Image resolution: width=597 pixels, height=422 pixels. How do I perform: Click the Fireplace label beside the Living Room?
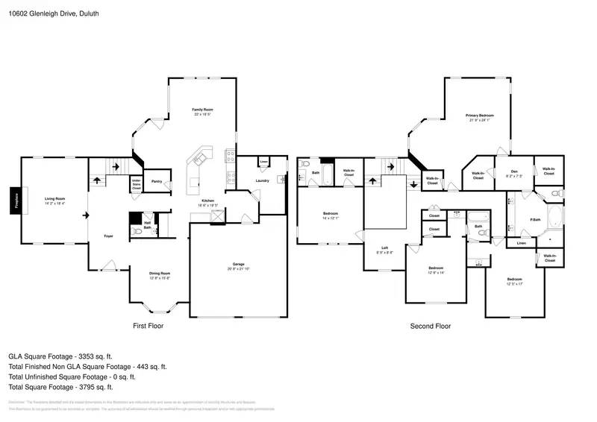point(13,201)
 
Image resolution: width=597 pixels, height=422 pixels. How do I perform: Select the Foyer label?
point(108,237)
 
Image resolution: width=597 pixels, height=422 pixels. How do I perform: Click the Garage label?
point(239,266)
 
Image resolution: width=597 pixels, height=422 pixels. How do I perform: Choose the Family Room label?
point(203,111)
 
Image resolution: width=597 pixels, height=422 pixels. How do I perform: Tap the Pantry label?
point(157,181)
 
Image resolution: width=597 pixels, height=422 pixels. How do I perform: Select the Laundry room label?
point(262,180)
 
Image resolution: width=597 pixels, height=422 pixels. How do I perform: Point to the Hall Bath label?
point(148,223)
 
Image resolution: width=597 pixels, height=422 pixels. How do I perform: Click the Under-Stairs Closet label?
point(137,184)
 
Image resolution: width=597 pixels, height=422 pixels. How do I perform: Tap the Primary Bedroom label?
point(480,116)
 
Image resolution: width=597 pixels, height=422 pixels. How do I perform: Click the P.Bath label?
point(535,219)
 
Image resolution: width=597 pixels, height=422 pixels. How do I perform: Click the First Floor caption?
point(148,326)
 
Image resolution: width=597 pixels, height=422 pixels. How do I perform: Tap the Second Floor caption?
point(430,326)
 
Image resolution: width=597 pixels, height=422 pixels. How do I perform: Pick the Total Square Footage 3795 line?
point(60,387)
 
